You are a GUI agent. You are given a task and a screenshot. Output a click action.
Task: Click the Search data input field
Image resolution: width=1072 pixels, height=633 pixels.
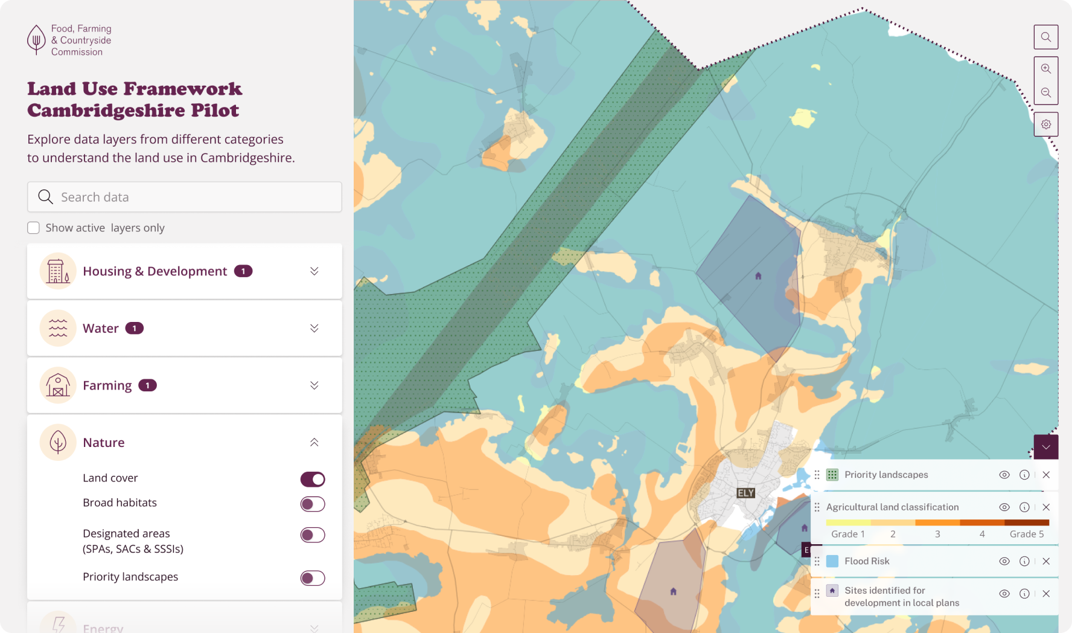[184, 197]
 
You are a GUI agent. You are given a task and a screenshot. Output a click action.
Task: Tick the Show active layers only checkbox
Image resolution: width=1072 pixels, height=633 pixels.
[34, 228]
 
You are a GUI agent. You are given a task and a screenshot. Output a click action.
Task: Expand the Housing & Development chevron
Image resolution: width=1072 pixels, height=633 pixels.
[314, 271]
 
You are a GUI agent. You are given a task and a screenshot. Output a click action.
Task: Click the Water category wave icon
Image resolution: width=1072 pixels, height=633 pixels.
[58, 328]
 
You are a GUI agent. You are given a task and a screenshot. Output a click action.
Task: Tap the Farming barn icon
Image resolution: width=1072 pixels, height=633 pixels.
[58, 385]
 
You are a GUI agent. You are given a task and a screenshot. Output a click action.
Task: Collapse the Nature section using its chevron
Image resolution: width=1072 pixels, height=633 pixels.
[314, 442]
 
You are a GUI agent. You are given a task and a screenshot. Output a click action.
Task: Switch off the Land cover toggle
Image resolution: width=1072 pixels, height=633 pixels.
[313, 479]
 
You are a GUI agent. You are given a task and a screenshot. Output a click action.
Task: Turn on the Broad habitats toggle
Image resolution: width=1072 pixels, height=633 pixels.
[313, 504]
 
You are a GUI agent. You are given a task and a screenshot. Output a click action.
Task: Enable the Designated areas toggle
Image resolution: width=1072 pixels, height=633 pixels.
[313, 535]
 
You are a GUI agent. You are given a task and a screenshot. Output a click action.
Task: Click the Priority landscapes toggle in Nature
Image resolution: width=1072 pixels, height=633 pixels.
[313, 578]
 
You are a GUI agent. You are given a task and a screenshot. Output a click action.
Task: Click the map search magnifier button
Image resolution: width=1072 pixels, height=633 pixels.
[1046, 37]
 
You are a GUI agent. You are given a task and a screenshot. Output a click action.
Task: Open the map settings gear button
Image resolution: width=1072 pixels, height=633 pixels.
[1046, 124]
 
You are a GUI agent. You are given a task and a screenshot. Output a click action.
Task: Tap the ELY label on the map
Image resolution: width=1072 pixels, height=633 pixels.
[746, 493]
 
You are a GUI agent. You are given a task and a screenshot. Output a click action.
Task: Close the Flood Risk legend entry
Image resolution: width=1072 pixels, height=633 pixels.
[1046, 561]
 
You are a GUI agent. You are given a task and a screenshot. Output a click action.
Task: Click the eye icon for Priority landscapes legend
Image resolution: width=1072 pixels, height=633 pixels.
[1004, 475]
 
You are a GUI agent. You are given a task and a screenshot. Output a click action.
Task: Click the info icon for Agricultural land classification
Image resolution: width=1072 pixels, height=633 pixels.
[1024, 507]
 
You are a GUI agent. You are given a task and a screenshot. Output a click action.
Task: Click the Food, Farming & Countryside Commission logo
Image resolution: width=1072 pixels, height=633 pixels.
[69, 40]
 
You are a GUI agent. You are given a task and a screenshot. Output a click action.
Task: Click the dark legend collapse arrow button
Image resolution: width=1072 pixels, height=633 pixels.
[1046, 447]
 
